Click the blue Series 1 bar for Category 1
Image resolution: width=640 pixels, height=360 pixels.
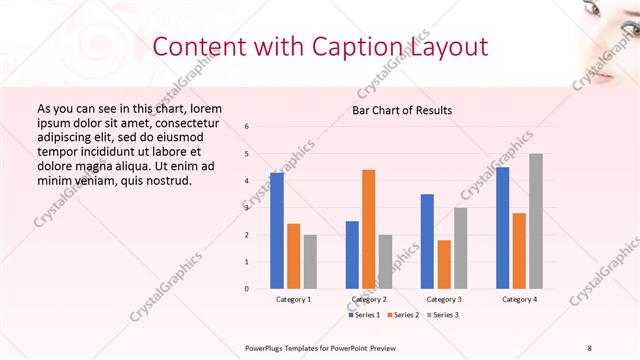tap(276, 230)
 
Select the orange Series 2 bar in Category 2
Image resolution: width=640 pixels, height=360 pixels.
tap(368, 229)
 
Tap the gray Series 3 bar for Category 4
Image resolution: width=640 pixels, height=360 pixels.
tap(535, 221)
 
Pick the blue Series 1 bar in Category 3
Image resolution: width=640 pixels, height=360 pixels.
tap(427, 241)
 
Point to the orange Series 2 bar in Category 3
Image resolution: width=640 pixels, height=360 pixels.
tap(444, 264)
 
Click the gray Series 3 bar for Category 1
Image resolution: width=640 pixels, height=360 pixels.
tap(310, 262)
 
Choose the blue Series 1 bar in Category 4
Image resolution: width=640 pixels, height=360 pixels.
tap(502, 228)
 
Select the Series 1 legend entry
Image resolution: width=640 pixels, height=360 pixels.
tap(363, 315)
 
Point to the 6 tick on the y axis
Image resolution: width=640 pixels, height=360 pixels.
tap(247, 127)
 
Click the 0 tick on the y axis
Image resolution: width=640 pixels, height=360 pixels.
tap(247, 289)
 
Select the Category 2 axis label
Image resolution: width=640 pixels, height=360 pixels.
tap(368, 299)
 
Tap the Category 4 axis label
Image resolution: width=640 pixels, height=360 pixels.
tap(518, 299)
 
